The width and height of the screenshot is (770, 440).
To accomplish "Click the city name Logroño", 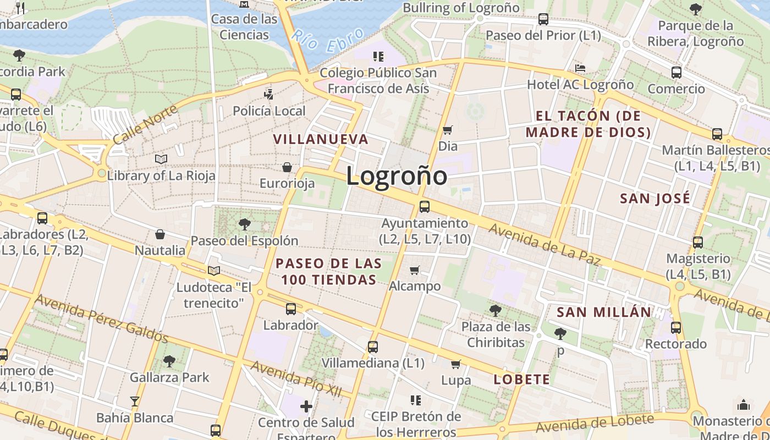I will click(397, 176).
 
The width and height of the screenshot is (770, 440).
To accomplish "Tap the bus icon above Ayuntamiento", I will click(424, 207).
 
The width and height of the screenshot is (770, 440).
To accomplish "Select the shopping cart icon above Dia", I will click(448, 130).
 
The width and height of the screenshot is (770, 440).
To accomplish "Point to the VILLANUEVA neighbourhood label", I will click(321, 139).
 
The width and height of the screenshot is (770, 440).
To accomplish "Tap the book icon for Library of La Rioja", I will click(161, 159).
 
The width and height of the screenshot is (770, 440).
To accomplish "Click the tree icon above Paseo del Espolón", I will click(244, 224).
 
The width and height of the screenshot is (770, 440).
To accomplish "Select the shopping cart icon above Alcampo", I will click(415, 270).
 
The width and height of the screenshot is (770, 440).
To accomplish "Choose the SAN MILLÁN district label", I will click(604, 312).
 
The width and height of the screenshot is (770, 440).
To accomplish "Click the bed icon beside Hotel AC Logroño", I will click(580, 68).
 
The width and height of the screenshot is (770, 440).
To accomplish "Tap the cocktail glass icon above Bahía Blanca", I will click(135, 401).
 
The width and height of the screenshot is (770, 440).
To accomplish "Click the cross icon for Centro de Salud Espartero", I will click(306, 406).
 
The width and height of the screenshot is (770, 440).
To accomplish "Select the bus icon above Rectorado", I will click(676, 328).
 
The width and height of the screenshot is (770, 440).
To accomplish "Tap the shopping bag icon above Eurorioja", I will click(287, 167).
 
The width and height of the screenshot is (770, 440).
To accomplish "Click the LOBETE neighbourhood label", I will click(521, 379).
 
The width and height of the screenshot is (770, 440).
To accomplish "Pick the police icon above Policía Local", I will click(268, 94).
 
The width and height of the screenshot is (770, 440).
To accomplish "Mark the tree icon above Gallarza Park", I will click(169, 361).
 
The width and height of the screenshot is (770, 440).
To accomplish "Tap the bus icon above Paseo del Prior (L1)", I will click(543, 19).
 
